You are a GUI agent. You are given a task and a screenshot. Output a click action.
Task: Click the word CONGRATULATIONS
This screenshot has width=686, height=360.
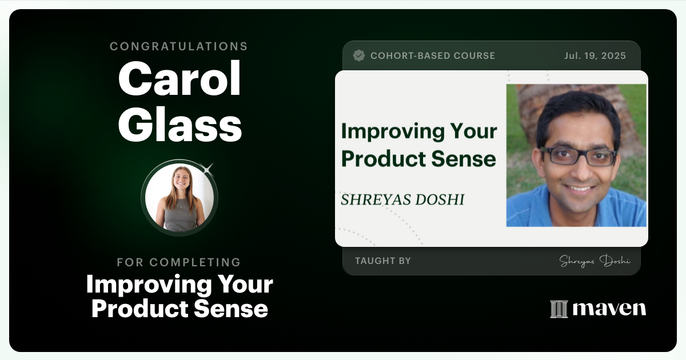(x=179, y=46)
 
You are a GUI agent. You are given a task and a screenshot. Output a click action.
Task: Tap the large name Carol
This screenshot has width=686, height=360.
(x=180, y=80)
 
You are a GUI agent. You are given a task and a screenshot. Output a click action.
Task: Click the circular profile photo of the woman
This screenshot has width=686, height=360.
(x=180, y=197)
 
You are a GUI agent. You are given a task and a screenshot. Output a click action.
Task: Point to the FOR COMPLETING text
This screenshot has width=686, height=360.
(x=179, y=262)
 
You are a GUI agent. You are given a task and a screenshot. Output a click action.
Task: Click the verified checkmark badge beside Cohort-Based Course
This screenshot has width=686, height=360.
(x=359, y=55)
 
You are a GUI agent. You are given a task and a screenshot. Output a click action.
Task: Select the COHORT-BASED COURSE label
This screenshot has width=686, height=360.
(x=433, y=55)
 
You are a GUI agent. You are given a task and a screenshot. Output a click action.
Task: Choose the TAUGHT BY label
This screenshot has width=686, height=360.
(x=383, y=261)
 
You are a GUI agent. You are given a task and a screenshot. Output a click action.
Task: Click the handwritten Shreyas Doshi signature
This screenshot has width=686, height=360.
(x=595, y=261)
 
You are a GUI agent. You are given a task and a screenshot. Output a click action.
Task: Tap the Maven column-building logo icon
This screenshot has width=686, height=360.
(x=559, y=309)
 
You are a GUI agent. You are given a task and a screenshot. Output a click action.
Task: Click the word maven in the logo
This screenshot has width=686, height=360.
(x=609, y=309)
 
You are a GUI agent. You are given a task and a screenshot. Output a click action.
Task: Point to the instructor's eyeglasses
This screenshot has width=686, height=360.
(x=578, y=155)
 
